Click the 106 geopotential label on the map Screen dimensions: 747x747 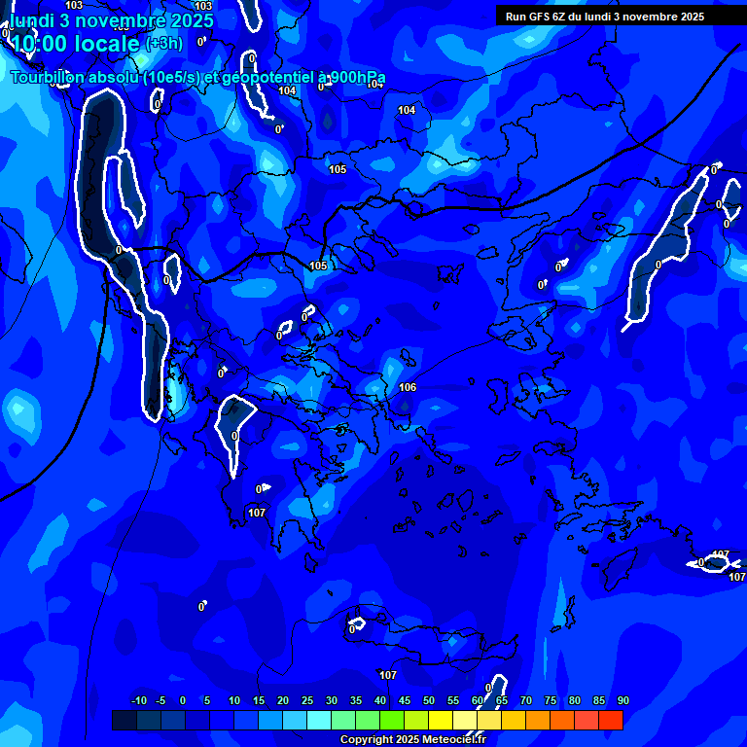(x=408, y=387)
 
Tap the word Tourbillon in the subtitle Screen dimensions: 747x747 (x=48, y=78)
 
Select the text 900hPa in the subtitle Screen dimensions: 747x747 (x=356, y=78)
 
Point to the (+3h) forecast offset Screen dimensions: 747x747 (x=163, y=44)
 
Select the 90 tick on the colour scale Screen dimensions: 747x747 (x=622, y=700)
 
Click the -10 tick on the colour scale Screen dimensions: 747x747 (x=138, y=700)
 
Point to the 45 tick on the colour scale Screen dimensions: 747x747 (x=405, y=700)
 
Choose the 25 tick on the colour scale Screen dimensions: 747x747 (x=307, y=700)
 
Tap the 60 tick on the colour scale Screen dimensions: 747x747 (x=478, y=700)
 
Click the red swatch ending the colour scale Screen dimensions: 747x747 (x=610, y=720)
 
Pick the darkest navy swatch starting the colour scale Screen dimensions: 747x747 (x=124, y=720)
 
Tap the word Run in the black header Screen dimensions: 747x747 (x=516, y=17)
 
